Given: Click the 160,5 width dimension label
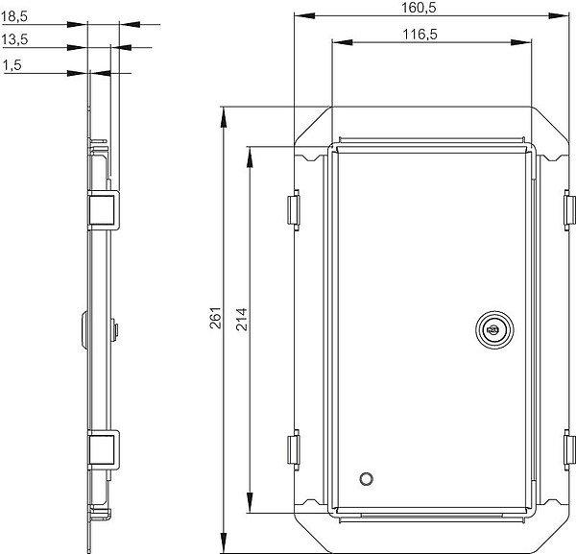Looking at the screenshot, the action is [x=419, y=8].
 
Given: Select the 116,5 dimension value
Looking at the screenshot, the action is [x=420, y=35].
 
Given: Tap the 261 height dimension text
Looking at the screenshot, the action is [x=215, y=318].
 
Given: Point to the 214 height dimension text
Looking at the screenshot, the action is [x=241, y=320].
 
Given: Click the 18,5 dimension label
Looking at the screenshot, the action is [x=14, y=16].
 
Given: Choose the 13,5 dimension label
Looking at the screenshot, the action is [x=14, y=39].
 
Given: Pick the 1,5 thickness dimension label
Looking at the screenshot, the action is [x=12, y=65].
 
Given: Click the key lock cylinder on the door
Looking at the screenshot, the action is [x=494, y=329].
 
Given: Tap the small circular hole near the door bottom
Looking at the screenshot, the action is [x=366, y=479].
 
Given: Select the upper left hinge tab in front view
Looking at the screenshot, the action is [x=294, y=209].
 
